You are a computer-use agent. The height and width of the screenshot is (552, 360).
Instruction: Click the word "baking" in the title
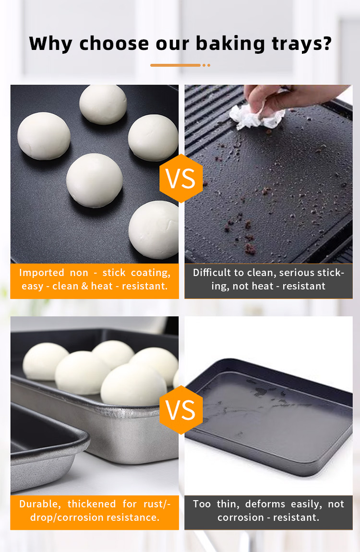[230, 44]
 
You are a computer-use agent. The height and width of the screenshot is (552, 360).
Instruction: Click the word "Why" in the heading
[51, 44]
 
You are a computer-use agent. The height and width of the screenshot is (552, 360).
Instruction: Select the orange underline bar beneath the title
[175, 65]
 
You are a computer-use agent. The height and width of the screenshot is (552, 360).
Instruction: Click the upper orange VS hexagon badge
[181, 178]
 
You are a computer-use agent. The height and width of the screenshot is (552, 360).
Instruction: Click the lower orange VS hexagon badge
[181, 410]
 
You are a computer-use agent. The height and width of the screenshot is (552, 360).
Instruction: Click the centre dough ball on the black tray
[94, 180]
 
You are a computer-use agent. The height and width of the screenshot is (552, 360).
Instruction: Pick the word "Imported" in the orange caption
[42, 273]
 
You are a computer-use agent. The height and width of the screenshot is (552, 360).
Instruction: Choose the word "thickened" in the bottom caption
[92, 504]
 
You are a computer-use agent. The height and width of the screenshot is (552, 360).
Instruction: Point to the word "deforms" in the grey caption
[265, 504]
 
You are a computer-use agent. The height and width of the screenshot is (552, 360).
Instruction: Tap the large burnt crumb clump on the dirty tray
[250, 249]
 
